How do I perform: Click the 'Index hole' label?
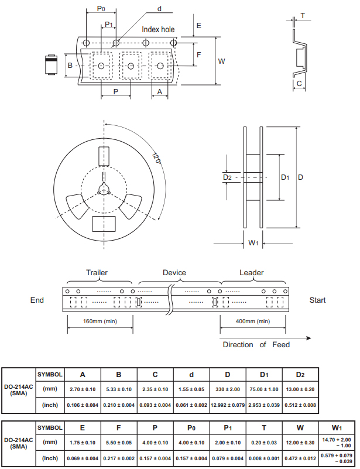[x=158, y=29]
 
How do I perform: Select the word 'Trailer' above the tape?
[x=97, y=273]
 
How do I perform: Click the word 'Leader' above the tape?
[x=252, y=273]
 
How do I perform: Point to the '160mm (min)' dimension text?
[x=100, y=321]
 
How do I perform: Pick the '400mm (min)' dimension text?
[x=253, y=321]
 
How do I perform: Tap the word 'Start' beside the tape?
[x=318, y=300]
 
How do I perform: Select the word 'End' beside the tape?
[x=37, y=300]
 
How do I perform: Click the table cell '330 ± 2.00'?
[x=227, y=389]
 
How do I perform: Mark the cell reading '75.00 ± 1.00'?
[x=263, y=389]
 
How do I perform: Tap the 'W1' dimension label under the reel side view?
[x=253, y=244]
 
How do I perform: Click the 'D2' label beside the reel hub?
[x=227, y=177]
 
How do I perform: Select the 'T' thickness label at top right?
[x=303, y=16]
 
